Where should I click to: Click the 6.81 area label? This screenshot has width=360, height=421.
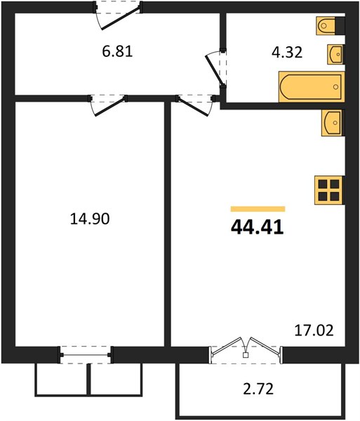point(117,51)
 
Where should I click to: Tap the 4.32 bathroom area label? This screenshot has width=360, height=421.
point(287,52)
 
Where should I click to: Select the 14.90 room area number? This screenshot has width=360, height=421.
point(90,218)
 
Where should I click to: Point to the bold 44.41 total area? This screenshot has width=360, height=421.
point(257,227)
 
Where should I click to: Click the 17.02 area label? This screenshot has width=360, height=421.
point(314,330)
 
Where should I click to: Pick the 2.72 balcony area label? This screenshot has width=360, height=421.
point(258,389)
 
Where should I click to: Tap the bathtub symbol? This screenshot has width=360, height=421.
point(312,87)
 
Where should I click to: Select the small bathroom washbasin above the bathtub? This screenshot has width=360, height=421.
point(335,55)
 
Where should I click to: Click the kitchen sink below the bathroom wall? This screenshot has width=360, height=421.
point(333,123)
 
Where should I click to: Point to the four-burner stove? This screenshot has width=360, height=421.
point(329,190)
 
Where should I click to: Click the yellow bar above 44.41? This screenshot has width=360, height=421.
point(258,209)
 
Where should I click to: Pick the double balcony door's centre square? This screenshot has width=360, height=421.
point(246,355)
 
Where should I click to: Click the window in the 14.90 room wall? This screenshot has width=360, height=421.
point(86,355)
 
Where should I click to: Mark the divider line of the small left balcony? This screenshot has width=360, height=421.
point(88,379)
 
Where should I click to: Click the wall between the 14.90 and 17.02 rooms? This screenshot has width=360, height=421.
point(168,225)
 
